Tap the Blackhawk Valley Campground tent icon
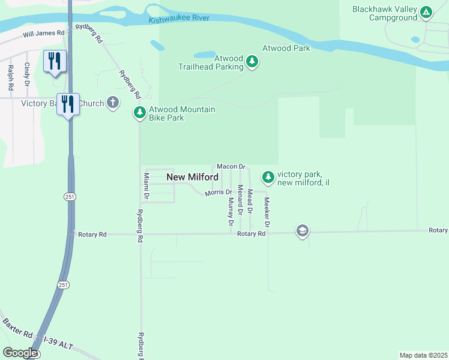[x=426, y=12]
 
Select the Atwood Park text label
[x=286, y=48]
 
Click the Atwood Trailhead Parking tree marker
[x=253, y=62]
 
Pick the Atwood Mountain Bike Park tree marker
[x=139, y=112]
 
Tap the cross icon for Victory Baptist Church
[x=112, y=103]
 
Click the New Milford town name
[x=192, y=177]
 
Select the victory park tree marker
[x=268, y=177]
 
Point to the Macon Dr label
[x=231, y=166]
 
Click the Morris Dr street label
[x=218, y=193]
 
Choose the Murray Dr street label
[x=231, y=211]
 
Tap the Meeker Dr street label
[x=267, y=212]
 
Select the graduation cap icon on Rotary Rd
[x=302, y=231]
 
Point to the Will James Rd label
[x=43, y=33]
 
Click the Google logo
[x=20, y=353]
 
